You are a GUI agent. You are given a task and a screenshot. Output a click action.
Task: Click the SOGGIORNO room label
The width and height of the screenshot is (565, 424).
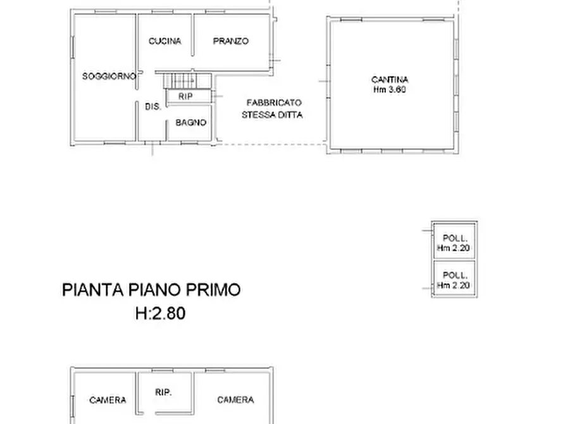[x=109, y=76]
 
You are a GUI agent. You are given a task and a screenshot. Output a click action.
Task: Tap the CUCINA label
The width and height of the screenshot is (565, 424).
[x=165, y=41]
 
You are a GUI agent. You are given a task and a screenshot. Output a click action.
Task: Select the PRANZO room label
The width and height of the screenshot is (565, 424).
[x=230, y=41]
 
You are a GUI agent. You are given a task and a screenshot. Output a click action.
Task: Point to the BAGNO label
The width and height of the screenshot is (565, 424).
[x=190, y=123]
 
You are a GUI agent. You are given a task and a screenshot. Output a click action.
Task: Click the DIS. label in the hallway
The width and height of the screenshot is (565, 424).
[x=152, y=107]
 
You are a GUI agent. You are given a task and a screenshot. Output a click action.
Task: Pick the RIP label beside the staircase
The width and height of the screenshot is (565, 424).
[x=185, y=96]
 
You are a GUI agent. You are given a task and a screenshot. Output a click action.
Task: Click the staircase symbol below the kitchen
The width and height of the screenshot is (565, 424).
[x=186, y=80]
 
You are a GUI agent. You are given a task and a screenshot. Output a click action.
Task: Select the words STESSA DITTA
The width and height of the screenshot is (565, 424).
[x=272, y=115]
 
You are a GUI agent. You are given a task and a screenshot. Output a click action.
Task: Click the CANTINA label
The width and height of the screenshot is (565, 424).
[x=390, y=80]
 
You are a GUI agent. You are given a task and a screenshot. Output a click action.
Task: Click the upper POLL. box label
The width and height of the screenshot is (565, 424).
[x=455, y=239]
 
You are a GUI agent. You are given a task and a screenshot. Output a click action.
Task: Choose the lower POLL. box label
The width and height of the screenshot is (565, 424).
[x=455, y=275]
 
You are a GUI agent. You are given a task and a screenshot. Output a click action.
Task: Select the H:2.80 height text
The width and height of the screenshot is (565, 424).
[x=160, y=313]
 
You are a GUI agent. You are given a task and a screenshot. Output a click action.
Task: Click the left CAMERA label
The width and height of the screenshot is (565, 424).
[x=108, y=400]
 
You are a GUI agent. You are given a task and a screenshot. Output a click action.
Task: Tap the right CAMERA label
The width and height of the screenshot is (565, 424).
[x=235, y=400]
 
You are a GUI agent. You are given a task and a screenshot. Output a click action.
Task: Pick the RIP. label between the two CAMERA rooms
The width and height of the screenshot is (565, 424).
[x=164, y=392]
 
